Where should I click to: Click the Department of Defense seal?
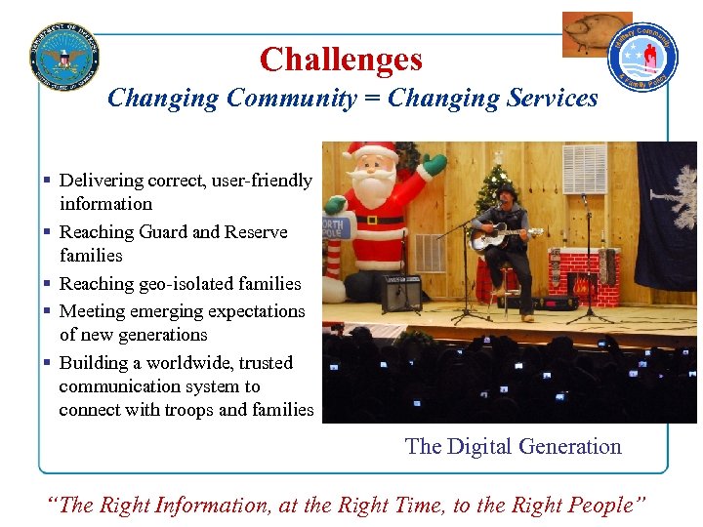[64, 55]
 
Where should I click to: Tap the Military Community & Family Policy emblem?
[643, 58]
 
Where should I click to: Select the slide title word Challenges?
[341, 61]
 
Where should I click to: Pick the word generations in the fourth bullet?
[160, 335]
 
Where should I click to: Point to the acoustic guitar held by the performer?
[502, 238]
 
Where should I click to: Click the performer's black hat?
[506, 191]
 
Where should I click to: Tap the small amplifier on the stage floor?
[400, 292]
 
